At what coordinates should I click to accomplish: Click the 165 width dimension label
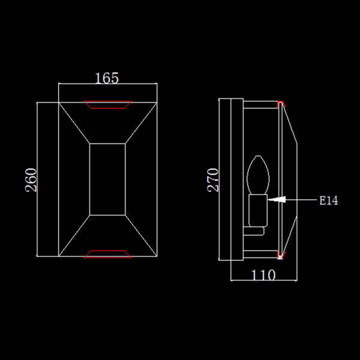tap(107, 78)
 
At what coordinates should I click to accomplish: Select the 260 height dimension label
tap(31, 180)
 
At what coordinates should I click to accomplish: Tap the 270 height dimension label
tap(213, 180)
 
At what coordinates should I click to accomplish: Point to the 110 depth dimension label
tap(263, 275)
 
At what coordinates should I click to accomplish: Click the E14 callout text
tap(329, 200)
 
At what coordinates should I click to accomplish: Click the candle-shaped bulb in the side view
tap(258, 175)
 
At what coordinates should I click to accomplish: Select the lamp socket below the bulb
tap(258, 211)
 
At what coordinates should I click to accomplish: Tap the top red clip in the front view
tap(107, 104)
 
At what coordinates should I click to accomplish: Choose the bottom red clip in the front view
tap(107, 254)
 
